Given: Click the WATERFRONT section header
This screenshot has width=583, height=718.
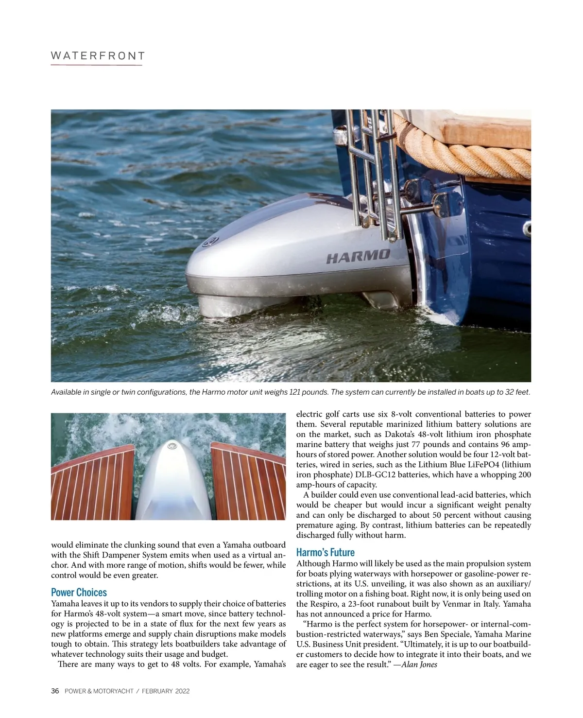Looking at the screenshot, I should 98,56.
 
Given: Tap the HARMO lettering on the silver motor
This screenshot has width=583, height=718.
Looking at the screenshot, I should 358,256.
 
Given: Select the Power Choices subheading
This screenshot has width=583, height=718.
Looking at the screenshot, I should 79,592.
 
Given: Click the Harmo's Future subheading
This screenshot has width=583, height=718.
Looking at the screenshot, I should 325,552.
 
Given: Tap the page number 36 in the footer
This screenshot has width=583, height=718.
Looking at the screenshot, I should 55,691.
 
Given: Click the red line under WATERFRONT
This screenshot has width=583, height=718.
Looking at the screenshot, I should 96,65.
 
